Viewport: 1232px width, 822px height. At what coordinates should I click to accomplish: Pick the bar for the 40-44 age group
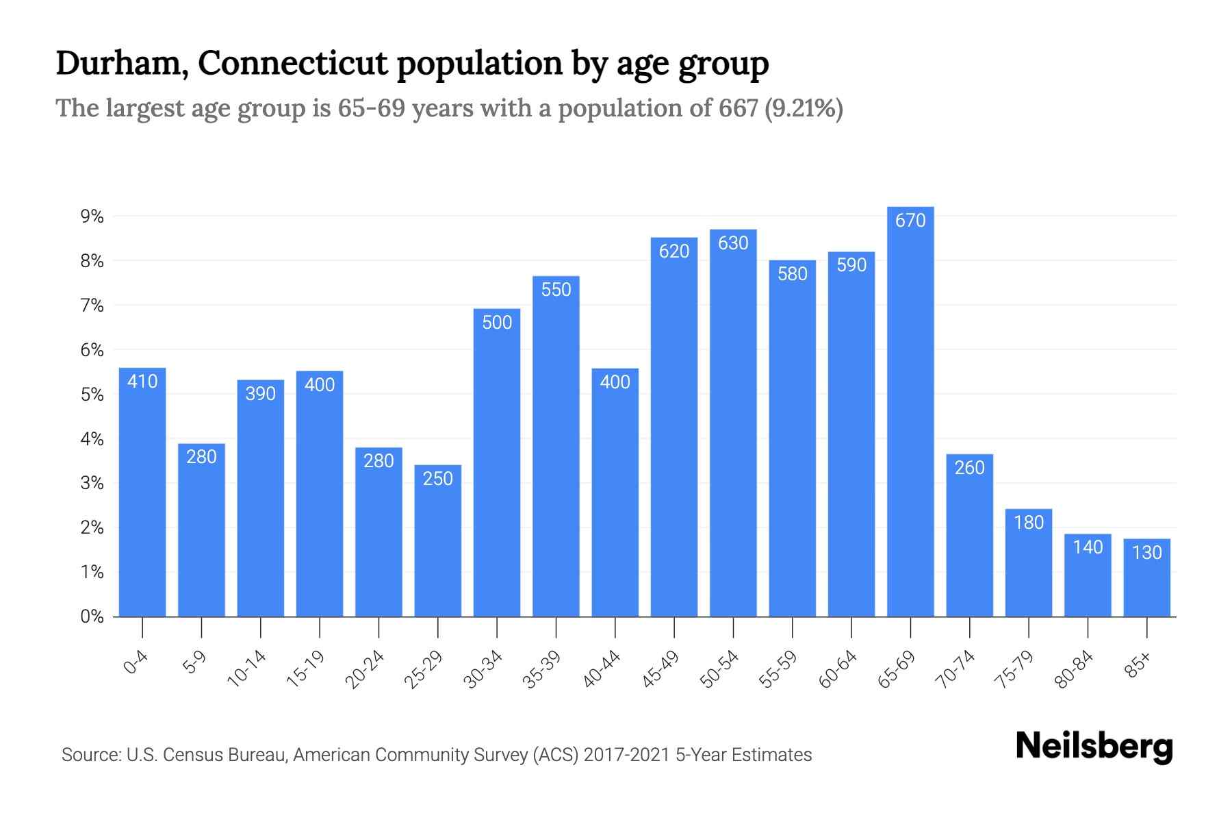tap(615, 500)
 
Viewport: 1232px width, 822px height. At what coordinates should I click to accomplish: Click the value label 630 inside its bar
tap(733, 243)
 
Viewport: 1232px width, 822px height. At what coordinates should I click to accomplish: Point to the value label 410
tap(142, 382)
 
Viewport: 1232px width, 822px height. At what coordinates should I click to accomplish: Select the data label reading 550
tap(556, 290)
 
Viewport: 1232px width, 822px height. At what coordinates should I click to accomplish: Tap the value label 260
tap(969, 468)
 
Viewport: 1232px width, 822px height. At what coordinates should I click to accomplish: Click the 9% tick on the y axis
tap(92, 217)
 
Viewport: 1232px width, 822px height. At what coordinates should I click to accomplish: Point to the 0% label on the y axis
tap(92, 616)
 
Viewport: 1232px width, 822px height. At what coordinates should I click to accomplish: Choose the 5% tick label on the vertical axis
tap(92, 395)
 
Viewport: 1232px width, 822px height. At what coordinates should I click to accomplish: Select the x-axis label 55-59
tap(778, 669)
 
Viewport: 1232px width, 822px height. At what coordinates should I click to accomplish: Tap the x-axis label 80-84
tap(1074, 669)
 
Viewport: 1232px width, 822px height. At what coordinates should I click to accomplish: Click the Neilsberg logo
tap(1094, 747)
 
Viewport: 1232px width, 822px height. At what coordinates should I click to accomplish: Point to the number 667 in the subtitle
tap(738, 108)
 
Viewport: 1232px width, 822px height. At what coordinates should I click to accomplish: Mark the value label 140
tap(1088, 547)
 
